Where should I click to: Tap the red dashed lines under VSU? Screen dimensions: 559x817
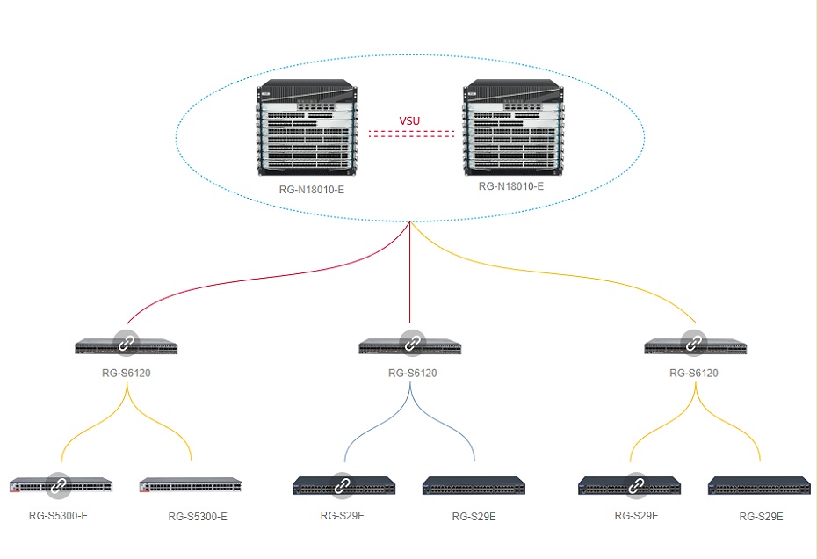pyautogui.click(x=410, y=134)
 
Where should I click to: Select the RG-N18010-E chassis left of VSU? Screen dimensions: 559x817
pyautogui.click(x=307, y=130)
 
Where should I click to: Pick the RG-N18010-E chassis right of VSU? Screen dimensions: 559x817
pyautogui.click(x=510, y=128)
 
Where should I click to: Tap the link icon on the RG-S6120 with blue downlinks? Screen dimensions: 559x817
pyautogui.click(x=411, y=341)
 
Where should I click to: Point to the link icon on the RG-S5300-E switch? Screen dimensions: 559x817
pyautogui.click(x=60, y=483)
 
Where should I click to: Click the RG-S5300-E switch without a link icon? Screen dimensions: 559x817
pyautogui.click(x=191, y=485)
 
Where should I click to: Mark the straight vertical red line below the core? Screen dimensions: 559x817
pyautogui.click(x=410, y=281)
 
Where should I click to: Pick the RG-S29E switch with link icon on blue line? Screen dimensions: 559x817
pyautogui.click(x=344, y=484)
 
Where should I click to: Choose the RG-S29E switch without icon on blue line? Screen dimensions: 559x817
pyautogui.click(x=474, y=484)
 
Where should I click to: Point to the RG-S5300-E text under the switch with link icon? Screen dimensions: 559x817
pyautogui.click(x=58, y=516)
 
